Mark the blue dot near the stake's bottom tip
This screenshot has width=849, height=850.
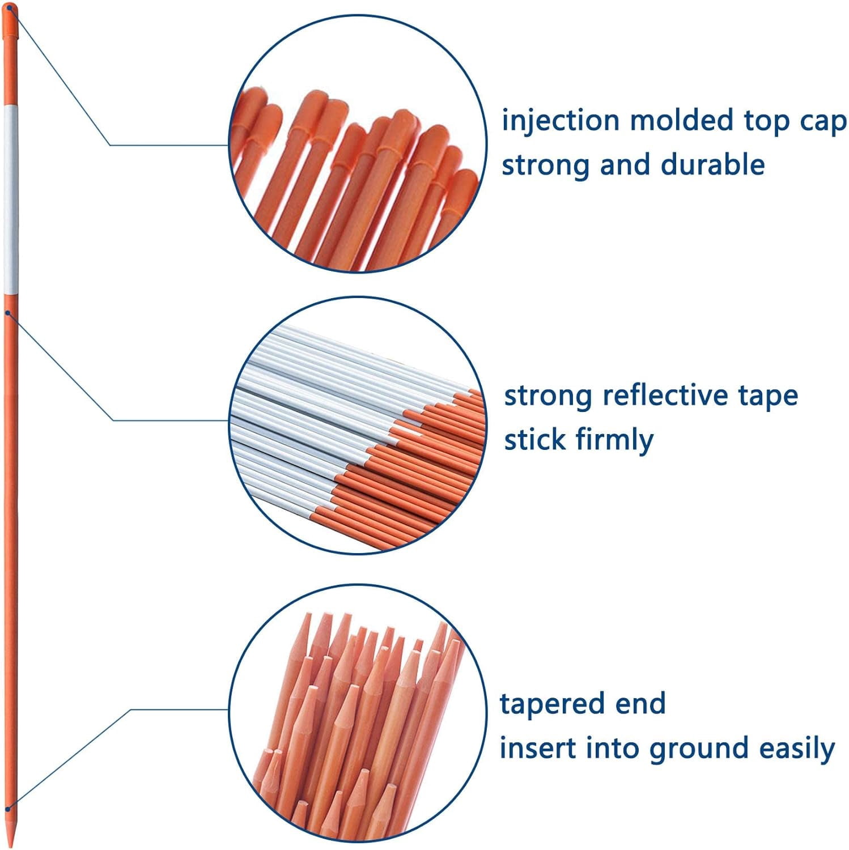click(8, 809)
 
